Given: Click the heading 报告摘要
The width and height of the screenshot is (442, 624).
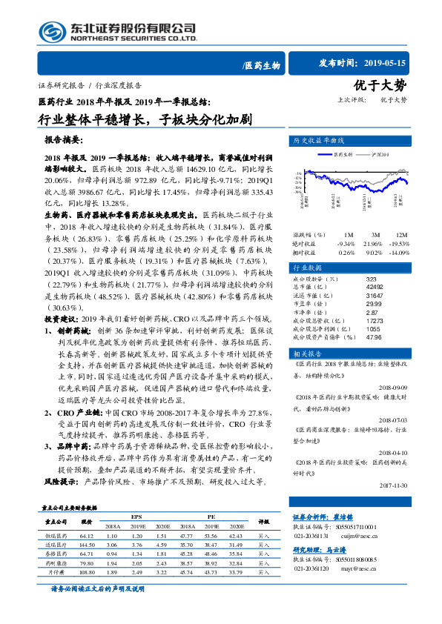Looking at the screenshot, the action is [64, 139].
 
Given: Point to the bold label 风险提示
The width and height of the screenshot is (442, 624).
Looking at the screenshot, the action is [62, 480].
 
